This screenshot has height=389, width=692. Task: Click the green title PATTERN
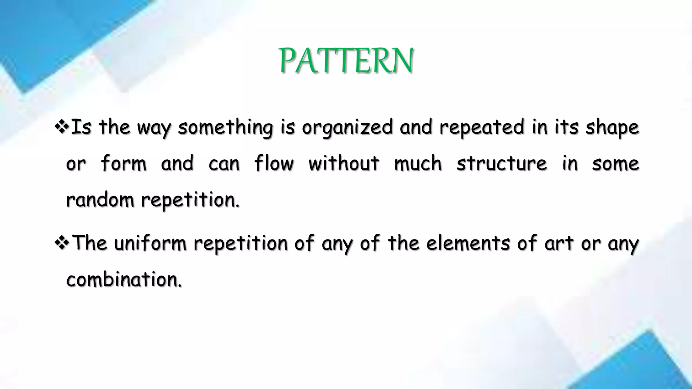tap(346, 61)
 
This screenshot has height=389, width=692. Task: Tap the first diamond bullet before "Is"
tap(61, 127)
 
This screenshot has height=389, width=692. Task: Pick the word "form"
tap(123, 163)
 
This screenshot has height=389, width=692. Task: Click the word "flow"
tap(274, 163)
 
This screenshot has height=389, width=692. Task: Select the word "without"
tap(344, 163)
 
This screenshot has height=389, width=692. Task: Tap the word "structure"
tap(501, 163)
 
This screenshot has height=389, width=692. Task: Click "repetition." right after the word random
tap(190, 200)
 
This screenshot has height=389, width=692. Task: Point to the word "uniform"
tap(150, 243)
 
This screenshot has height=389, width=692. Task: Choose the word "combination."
tap(124, 280)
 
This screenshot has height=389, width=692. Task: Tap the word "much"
tap(418, 163)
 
